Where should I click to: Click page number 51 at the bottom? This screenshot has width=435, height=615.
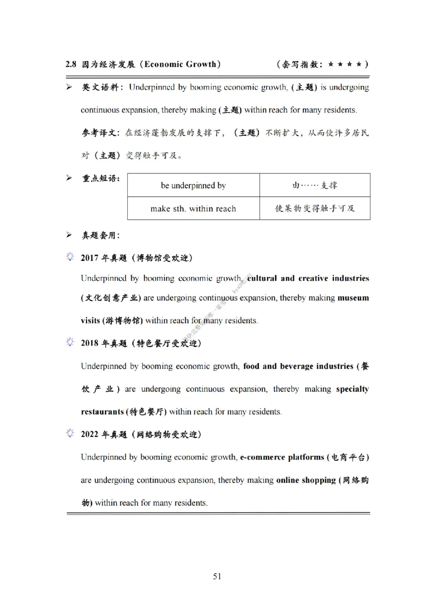tap(217, 576)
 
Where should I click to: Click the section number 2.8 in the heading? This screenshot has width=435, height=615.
tap(71, 64)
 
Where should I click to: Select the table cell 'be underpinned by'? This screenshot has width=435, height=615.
tap(193, 186)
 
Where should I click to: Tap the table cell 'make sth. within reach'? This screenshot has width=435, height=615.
tap(193, 209)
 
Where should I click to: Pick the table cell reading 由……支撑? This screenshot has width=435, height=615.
tap(315, 186)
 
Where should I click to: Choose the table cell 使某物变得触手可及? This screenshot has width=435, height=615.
tap(315, 209)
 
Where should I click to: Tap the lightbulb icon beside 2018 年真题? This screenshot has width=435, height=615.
tap(70, 343)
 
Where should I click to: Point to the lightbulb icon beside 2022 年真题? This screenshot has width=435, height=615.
tap(70, 434)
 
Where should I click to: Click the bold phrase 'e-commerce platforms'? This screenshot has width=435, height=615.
tap(282, 457)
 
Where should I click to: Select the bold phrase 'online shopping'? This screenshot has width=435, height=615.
tap(306, 480)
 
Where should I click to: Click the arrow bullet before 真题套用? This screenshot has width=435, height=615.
tap(69, 235)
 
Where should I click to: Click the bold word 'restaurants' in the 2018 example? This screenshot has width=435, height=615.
tap(102, 411)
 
